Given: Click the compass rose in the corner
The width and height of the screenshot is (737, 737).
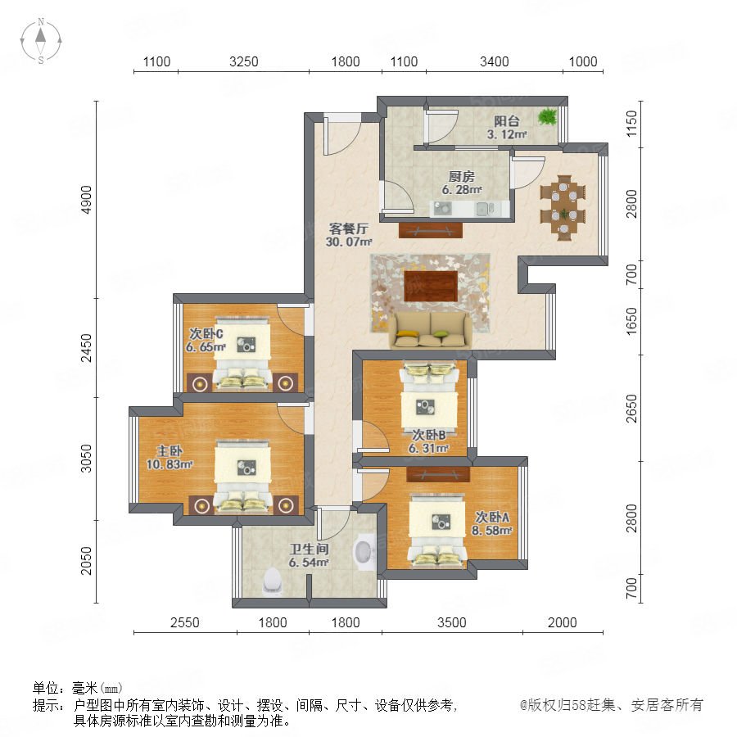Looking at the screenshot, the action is [41, 42].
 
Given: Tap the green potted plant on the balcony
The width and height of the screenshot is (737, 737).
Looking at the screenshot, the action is [548, 115].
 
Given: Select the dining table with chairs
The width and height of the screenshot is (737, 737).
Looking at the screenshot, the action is [563, 208].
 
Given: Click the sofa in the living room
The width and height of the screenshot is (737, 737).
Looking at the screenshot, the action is [430, 331].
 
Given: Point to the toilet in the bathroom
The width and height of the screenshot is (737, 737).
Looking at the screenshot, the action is [273, 580].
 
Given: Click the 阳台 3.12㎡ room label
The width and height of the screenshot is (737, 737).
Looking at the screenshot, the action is [507, 128].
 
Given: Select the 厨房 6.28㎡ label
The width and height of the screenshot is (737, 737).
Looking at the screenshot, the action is [462, 183].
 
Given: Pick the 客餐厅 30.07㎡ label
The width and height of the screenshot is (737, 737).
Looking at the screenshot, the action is [349, 235].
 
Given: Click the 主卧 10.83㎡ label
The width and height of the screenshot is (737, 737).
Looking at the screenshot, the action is [170, 457].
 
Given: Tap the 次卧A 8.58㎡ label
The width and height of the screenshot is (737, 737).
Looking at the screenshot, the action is [491, 523].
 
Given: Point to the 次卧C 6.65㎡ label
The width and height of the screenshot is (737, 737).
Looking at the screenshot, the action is [206, 341].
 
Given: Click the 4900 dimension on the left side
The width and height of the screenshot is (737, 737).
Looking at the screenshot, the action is [87, 200].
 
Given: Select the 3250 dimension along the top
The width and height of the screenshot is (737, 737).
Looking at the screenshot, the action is [243, 62].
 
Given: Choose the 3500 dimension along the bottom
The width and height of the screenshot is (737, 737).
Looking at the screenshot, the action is [452, 623].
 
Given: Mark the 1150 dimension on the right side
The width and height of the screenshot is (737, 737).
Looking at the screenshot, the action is [632, 124].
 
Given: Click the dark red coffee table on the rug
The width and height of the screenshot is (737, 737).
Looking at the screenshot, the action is [431, 286].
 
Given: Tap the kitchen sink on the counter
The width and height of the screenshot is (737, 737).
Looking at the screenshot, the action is [485, 208].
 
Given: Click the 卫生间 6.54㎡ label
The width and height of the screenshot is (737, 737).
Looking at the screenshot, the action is [309, 555].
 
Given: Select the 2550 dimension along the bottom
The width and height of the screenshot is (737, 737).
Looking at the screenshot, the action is [185, 623].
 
